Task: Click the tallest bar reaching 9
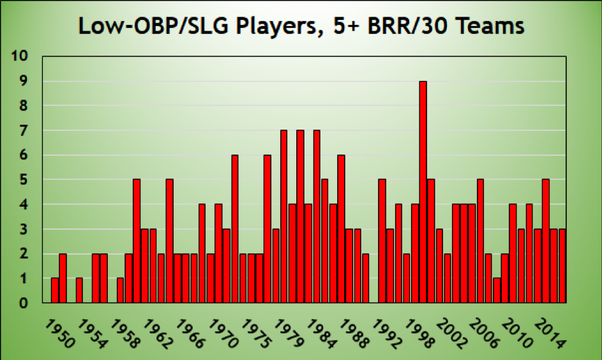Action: coord(423,192)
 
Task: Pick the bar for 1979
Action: coord(283,216)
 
